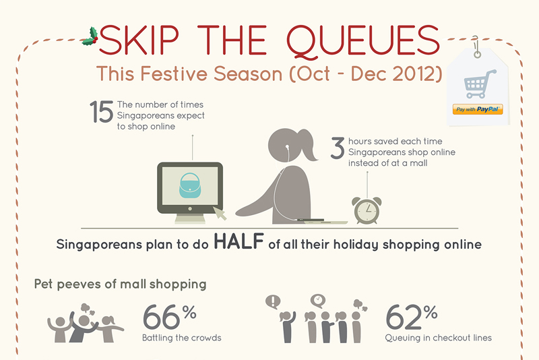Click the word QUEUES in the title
[363, 40]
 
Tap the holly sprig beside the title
[90, 36]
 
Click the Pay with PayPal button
[478, 109]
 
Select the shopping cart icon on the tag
[479, 84]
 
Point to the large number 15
[102, 112]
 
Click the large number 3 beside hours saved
[338, 148]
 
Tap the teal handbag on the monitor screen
[189, 185]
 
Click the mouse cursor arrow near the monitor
[220, 213]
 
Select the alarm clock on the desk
[367, 210]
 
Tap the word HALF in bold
[239, 241]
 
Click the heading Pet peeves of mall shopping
[121, 284]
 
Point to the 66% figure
[170, 317]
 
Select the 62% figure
[412, 317]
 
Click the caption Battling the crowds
[182, 338]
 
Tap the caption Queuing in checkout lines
[439, 338]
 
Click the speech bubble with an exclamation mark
[273, 302]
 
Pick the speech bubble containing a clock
[318, 301]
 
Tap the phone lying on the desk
[311, 219]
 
